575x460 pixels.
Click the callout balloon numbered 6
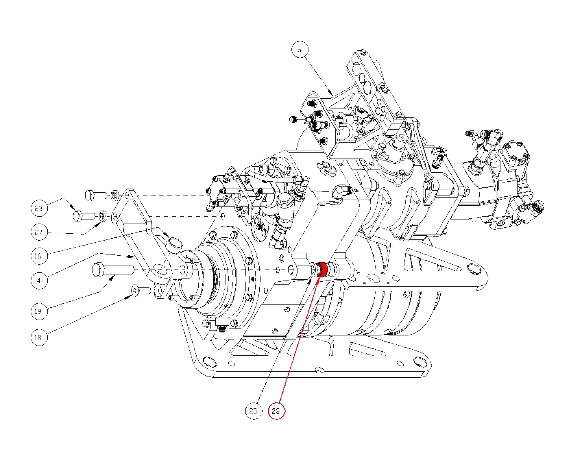[x=299, y=49]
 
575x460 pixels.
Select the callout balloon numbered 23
[x=39, y=208]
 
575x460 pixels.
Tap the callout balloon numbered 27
[x=39, y=232]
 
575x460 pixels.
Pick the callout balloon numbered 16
[x=39, y=256]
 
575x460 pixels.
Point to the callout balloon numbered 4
[x=39, y=281]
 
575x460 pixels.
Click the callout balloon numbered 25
[x=253, y=411]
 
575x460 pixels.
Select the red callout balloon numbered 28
[x=276, y=411]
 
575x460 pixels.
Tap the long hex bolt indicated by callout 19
[x=112, y=269]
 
